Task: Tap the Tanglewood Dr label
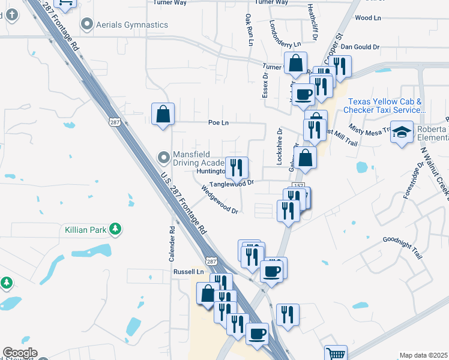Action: pyautogui.click(x=232, y=183)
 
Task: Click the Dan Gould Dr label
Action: pyautogui.click(x=360, y=46)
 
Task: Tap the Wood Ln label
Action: pyautogui.click(x=368, y=18)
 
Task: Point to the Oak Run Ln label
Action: pyautogui.click(x=249, y=29)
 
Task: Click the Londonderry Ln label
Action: pyautogui.click(x=285, y=44)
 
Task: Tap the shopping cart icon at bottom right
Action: pyautogui.click(x=336, y=354)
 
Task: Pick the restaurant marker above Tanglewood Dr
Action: pyautogui.click(x=236, y=167)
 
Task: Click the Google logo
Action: pyautogui.click(x=20, y=353)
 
